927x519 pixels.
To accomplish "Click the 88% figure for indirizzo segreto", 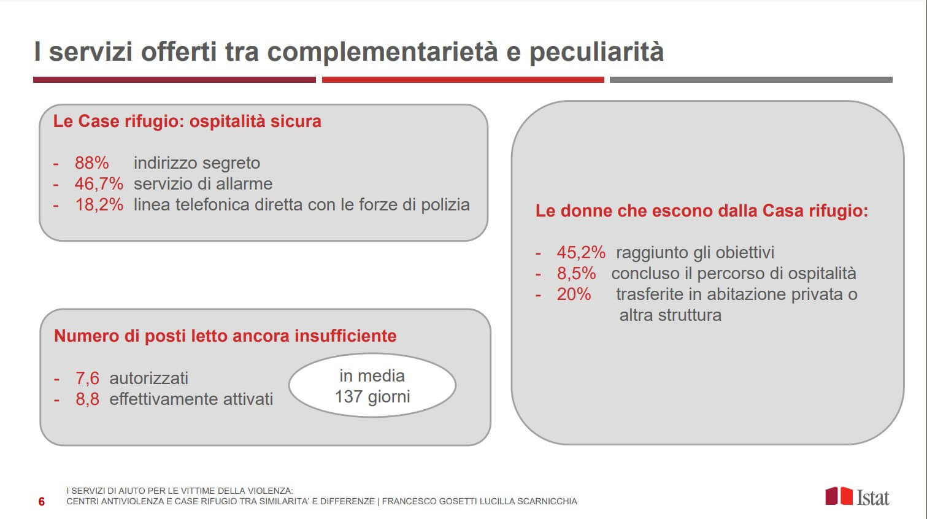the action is pyautogui.click(x=91, y=163).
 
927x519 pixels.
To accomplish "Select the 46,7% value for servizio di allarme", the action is pyautogui.click(x=99, y=184).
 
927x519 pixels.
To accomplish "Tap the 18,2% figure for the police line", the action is pyautogui.click(x=99, y=204).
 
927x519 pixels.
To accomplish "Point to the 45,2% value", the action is pyautogui.click(x=580, y=252).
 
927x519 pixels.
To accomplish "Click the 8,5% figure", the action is pyautogui.click(x=576, y=273).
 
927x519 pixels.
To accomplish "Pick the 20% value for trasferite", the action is pyautogui.click(x=574, y=294).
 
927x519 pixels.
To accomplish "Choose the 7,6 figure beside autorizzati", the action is pyautogui.click(x=87, y=378).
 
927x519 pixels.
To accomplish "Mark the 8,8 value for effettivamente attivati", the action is pyautogui.click(x=87, y=399).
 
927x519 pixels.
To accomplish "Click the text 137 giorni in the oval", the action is pyautogui.click(x=372, y=396).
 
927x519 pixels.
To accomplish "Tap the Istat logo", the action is pyautogui.click(x=857, y=496).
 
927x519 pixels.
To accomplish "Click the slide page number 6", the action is pyautogui.click(x=41, y=502).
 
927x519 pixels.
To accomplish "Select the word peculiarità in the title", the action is pyautogui.click(x=596, y=52).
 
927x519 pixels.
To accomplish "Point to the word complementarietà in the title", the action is pyautogui.click(x=382, y=52).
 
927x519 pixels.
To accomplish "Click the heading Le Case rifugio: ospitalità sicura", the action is pyautogui.click(x=187, y=121).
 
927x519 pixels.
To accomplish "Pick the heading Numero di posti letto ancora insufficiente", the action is pyautogui.click(x=225, y=336).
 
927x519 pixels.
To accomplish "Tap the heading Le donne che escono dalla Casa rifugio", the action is pyautogui.click(x=702, y=210).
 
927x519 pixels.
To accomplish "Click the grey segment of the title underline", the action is pyautogui.click(x=751, y=80).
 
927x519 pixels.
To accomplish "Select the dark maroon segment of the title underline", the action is pyautogui.click(x=174, y=80).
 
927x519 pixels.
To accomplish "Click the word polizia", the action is pyautogui.click(x=445, y=205).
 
